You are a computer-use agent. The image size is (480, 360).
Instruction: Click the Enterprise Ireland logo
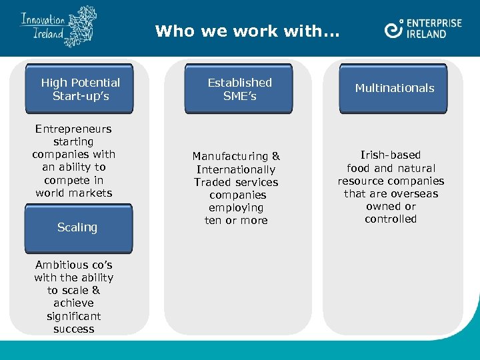(423, 29)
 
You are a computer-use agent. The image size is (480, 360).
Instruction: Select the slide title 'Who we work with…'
(247, 31)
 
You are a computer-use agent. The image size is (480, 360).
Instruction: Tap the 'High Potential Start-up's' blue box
(80, 89)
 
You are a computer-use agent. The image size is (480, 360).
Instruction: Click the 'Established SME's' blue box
(239, 89)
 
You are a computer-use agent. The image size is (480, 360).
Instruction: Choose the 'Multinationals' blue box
(394, 88)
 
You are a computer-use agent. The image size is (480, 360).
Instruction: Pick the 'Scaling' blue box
(77, 227)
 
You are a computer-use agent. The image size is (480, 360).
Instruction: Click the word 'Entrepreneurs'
(73, 129)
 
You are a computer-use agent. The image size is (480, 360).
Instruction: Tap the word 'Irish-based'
(391, 155)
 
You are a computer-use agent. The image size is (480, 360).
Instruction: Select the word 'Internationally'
(236, 169)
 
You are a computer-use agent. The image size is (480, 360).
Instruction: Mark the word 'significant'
(73, 316)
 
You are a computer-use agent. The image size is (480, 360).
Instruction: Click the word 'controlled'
(391, 219)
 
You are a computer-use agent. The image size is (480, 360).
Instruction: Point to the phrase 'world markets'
(74, 193)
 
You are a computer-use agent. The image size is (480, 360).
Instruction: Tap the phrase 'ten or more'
(236, 220)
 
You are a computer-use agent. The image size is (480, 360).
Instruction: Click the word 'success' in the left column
(74, 329)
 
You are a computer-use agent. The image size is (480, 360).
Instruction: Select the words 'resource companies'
(391, 181)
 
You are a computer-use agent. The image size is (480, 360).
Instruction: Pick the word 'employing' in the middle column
(236, 208)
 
